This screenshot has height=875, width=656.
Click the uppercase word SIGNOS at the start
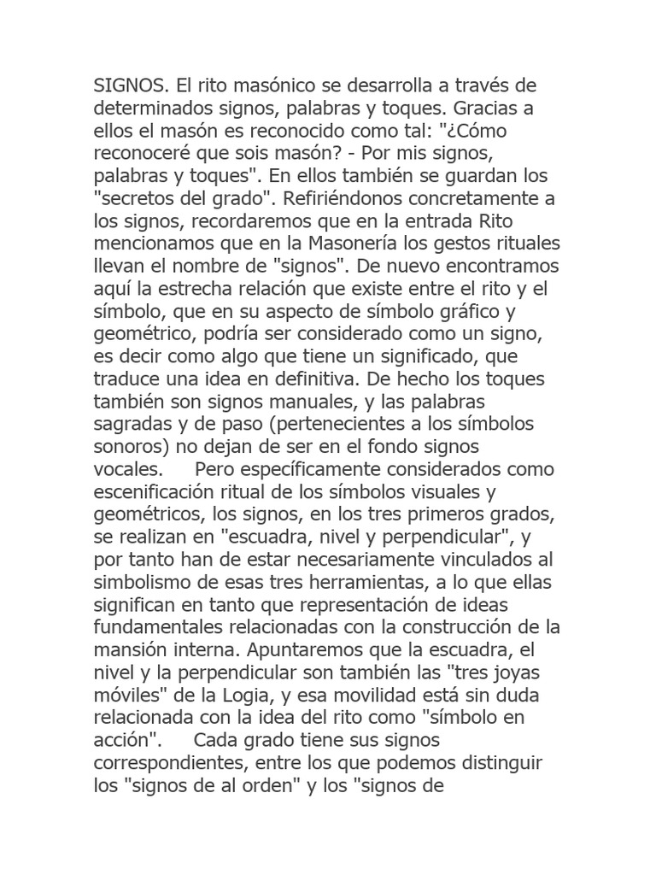129,87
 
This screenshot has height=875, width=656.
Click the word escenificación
154,492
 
